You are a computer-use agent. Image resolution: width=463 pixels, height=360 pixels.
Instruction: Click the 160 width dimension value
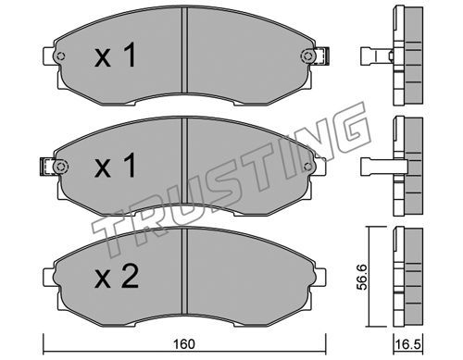[184, 344]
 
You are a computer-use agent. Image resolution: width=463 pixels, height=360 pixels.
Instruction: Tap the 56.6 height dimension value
[362, 277]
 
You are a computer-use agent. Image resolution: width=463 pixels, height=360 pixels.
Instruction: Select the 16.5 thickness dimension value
[407, 344]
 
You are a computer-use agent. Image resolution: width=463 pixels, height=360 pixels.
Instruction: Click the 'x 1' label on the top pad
[115, 56]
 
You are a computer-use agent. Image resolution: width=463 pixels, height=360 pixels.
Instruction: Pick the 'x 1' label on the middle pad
[115, 166]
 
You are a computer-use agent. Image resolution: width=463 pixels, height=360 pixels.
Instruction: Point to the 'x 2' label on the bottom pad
[116, 277]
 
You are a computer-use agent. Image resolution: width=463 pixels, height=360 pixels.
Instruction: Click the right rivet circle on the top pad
[307, 56]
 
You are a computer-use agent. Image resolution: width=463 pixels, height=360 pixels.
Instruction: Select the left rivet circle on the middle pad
[60, 167]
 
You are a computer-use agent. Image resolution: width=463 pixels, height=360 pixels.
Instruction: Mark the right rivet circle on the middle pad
[307, 167]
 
